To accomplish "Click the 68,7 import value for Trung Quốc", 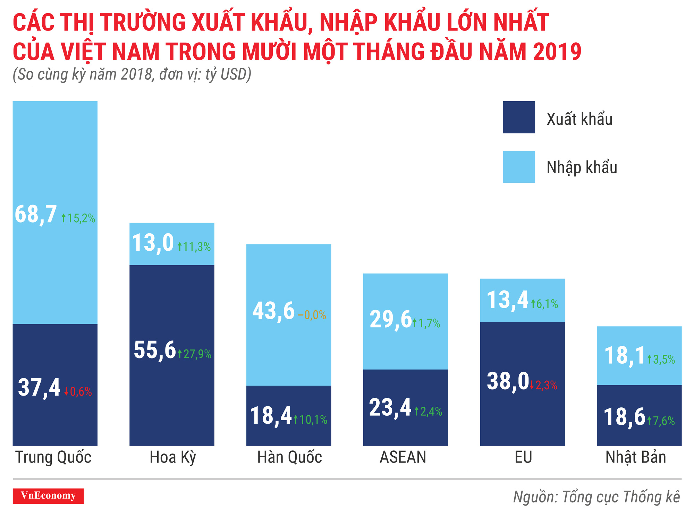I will [x=36, y=214].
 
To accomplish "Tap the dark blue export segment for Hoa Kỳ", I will [x=172, y=399].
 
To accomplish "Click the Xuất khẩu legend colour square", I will [x=518, y=117].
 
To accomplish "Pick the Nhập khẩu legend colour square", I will [x=518, y=167].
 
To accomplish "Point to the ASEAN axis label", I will [x=403, y=457].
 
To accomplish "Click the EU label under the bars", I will [x=523, y=457].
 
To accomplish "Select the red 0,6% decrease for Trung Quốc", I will [x=78, y=392].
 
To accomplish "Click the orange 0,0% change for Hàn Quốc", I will [x=312, y=315].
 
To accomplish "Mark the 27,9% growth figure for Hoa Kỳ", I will [x=195, y=354].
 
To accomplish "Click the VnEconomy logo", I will [x=48, y=496].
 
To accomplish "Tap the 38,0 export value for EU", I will [x=508, y=381].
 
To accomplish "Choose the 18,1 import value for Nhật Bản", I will [x=624, y=356].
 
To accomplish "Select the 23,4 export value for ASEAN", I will [x=390, y=407].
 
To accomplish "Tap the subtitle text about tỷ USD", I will [x=132, y=75].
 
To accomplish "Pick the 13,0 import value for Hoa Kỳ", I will [x=153, y=243].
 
